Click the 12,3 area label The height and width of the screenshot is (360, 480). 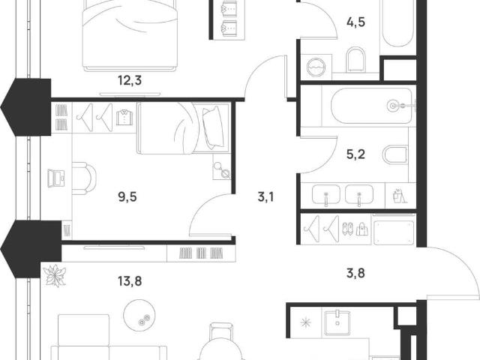(x=130, y=80)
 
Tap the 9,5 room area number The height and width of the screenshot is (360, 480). (x=127, y=196)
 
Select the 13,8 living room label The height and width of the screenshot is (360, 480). (x=130, y=280)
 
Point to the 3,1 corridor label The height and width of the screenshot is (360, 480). (x=265, y=196)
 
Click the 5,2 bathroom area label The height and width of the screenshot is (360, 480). (x=355, y=154)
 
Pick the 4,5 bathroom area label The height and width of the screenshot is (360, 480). (x=356, y=22)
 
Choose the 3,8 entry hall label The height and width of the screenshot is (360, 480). (x=355, y=273)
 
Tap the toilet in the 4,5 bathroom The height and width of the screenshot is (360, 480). (x=356, y=59)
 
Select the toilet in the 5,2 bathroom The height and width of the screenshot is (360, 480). (x=395, y=154)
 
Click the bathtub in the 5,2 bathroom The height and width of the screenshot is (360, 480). (x=371, y=106)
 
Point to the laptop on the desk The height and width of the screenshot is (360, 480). (x=56, y=178)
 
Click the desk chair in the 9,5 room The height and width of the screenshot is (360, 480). (x=84, y=178)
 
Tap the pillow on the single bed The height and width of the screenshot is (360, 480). (x=213, y=127)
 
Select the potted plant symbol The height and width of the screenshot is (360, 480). (x=55, y=275)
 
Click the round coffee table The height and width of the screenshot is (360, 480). (x=139, y=315)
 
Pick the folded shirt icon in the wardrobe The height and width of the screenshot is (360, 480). (x=124, y=117)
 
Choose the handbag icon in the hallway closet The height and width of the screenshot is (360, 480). (x=361, y=229)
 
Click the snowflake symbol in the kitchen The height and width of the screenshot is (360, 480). (x=305, y=322)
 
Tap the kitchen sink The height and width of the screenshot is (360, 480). (x=337, y=322)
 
